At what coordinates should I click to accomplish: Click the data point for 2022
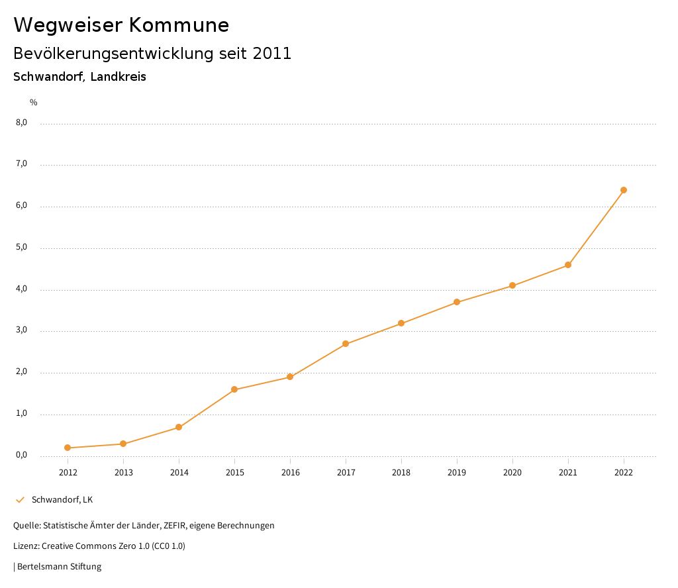pos(624,190)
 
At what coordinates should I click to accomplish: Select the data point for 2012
pos(68,448)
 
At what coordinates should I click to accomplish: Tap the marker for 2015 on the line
pos(234,389)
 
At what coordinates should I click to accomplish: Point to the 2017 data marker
pos(346,344)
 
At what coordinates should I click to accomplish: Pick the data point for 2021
pos(568,265)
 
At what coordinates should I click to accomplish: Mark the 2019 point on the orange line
pos(457,302)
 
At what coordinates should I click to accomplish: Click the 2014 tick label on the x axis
pos(179,473)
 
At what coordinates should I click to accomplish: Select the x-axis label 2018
pos(401,473)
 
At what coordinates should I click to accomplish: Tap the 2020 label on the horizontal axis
pos(512,473)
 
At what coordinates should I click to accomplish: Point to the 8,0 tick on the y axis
pos(21,122)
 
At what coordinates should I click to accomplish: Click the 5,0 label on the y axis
pos(21,248)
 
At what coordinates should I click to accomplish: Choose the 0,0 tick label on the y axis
pos(21,456)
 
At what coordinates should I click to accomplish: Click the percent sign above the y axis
pos(34,103)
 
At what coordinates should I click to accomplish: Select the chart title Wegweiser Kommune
pos(121,25)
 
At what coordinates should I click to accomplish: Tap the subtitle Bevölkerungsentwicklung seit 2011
pos(152,54)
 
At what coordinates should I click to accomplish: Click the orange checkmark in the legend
pos(20,499)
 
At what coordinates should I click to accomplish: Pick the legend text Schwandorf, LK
pos(62,499)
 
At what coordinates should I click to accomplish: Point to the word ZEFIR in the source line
pos(175,526)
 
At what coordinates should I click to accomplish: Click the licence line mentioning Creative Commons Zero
pos(99,546)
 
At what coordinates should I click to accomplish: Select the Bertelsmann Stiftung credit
pos(58,567)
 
